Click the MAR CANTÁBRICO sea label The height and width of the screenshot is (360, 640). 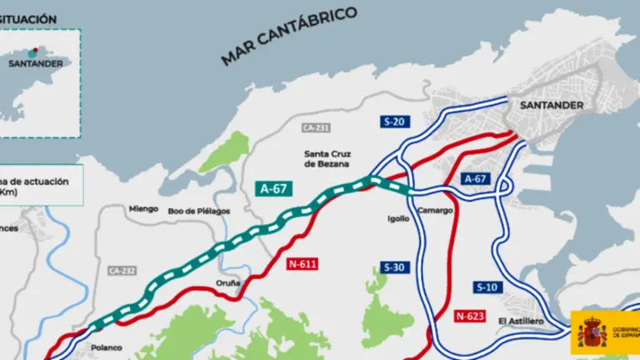[289, 36]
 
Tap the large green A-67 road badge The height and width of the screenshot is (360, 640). [273, 188]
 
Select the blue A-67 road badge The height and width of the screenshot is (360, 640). [475, 179]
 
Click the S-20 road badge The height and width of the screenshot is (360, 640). [394, 122]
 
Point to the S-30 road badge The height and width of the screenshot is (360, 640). [394, 267]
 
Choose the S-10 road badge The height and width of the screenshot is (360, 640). [487, 287]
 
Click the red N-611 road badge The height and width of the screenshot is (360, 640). [302, 263]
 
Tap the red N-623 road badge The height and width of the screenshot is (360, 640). [470, 316]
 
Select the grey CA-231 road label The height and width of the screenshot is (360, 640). [317, 127]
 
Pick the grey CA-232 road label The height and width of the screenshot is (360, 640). [121, 270]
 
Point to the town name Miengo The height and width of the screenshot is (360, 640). [143, 209]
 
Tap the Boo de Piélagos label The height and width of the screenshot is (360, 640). [198, 212]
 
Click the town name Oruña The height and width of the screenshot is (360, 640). [228, 282]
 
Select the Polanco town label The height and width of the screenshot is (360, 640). [107, 347]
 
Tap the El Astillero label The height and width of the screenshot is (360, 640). [521, 321]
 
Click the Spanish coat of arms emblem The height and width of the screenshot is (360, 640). [592, 332]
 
